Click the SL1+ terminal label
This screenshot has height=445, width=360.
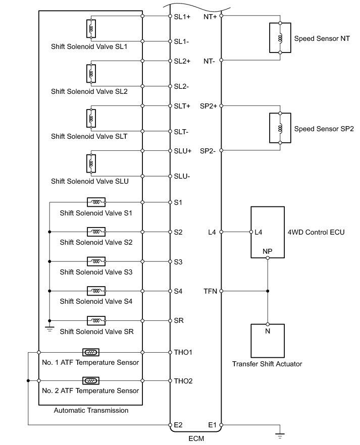[x=182, y=16]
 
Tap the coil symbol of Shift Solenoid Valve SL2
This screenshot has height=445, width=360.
[x=91, y=74]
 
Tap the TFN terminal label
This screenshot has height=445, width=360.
[x=210, y=291]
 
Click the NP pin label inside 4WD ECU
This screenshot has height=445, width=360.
[x=268, y=251]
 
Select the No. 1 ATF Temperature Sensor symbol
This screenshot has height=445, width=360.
[x=90, y=352]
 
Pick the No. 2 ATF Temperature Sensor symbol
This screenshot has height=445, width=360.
[x=90, y=380]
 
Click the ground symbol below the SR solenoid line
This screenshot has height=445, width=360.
[x=49, y=327]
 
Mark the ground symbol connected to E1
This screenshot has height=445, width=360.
[x=280, y=432]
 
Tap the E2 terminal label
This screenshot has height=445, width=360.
[x=178, y=425]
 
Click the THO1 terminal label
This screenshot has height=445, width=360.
[x=183, y=352]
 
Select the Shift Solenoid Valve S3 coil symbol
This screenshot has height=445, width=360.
[x=96, y=261]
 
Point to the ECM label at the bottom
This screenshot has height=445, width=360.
[x=196, y=439]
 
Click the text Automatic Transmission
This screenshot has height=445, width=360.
[x=91, y=410]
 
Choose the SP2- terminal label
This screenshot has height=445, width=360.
[x=208, y=151]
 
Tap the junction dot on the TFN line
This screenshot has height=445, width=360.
[x=268, y=291]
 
